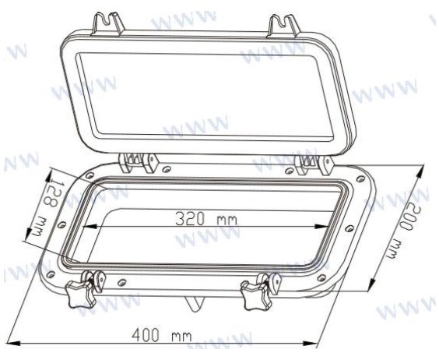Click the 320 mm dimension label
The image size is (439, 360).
[206, 218]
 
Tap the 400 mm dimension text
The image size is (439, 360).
[162, 335]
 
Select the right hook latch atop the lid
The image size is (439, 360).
[283, 26]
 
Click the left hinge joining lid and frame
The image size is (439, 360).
[139, 163]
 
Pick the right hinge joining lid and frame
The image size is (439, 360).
[314, 164]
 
